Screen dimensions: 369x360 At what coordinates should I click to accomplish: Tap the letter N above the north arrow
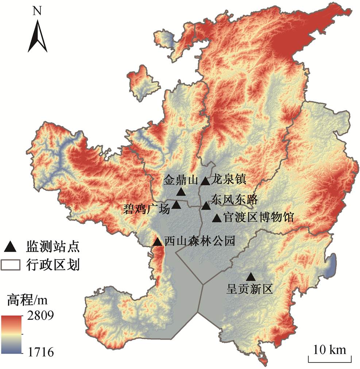point(37,11)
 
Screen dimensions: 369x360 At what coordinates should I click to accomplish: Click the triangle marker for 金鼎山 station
point(181,192)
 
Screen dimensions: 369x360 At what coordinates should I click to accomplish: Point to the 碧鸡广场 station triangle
point(177,205)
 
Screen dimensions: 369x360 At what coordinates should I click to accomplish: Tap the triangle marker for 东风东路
point(206,206)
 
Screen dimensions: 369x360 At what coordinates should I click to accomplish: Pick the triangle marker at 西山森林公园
point(157,242)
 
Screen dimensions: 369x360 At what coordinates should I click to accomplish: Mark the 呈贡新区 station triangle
point(251,277)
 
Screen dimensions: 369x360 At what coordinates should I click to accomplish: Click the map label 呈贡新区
point(250,289)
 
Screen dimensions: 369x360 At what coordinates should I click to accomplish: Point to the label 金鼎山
point(180,180)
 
